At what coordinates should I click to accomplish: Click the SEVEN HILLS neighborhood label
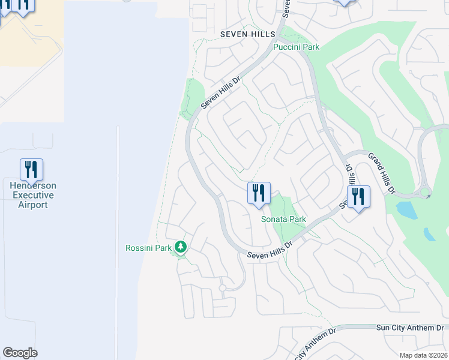click(247, 34)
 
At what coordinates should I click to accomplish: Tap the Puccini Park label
click(296, 47)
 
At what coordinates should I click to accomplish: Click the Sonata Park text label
click(283, 219)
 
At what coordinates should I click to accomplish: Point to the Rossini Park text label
click(148, 248)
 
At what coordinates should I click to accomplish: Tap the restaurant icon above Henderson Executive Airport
click(31, 170)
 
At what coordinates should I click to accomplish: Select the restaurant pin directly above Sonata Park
click(259, 194)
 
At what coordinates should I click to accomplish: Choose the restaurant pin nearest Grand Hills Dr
click(358, 197)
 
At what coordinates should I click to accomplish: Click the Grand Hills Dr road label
click(381, 174)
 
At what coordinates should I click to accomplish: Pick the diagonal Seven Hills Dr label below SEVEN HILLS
click(220, 92)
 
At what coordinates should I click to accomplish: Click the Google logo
click(20, 353)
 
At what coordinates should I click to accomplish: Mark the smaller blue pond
click(430, 234)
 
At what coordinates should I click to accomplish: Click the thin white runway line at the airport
click(118, 240)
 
